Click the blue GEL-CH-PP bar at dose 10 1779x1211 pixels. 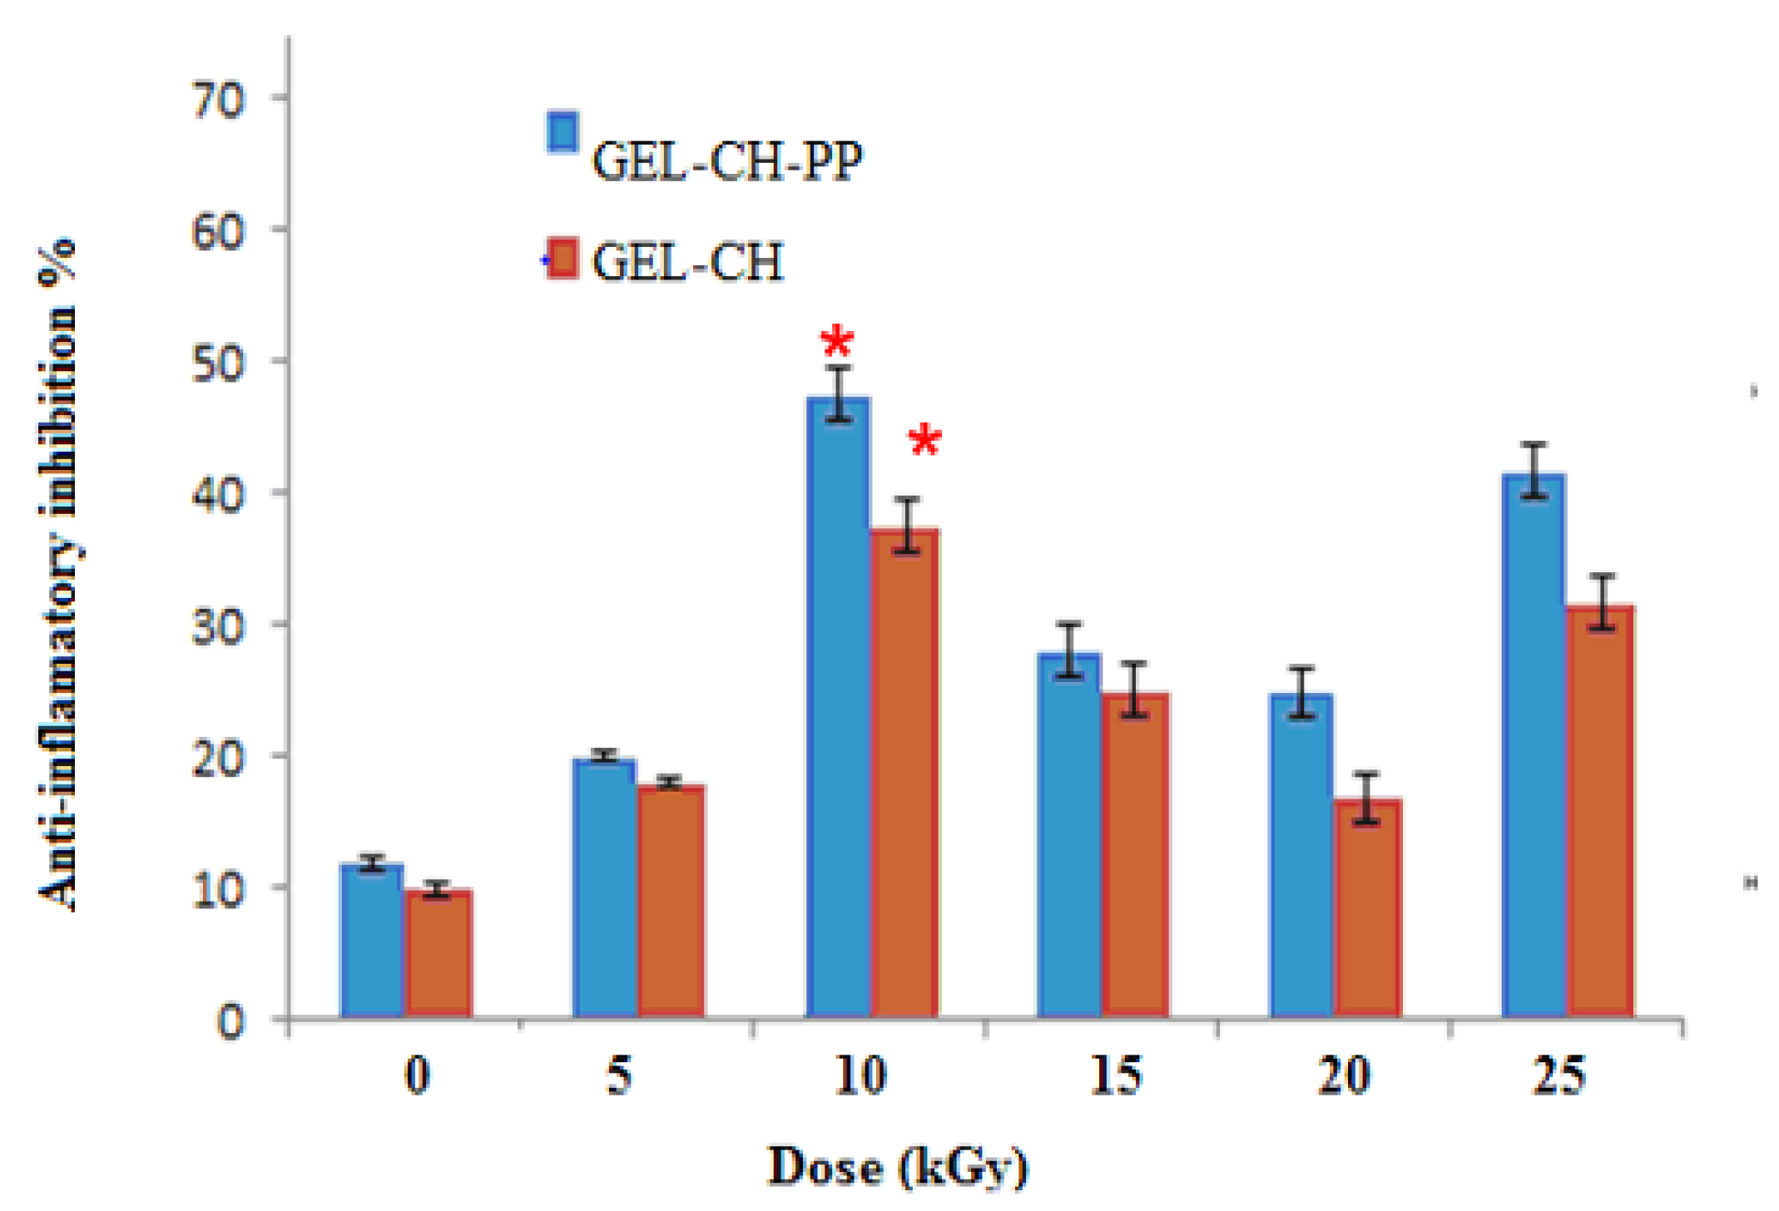(x=839, y=707)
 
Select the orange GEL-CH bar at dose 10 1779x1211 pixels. (x=905, y=774)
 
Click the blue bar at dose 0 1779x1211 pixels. (x=372, y=941)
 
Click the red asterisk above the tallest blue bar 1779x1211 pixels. (x=836, y=342)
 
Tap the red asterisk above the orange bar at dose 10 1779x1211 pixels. (x=924, y=440)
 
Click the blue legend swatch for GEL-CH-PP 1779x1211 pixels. (x=562, y=133)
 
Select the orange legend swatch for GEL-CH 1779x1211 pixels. (x=562, y=259)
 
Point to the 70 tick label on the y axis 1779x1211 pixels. (x=218, y=101)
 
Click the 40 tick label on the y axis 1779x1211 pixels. (x=218, y=495)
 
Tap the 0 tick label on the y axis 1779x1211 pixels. (x=230, y=1021)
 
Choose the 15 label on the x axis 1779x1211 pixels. (x=1115, y=1075)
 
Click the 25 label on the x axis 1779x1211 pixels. (x=1558, y=1075)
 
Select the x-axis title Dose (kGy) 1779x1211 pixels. (x=897, y=1168)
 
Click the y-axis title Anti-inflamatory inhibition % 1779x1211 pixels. (x=58, y=574)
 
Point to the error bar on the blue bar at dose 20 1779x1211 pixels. (x=1301, y=692)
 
